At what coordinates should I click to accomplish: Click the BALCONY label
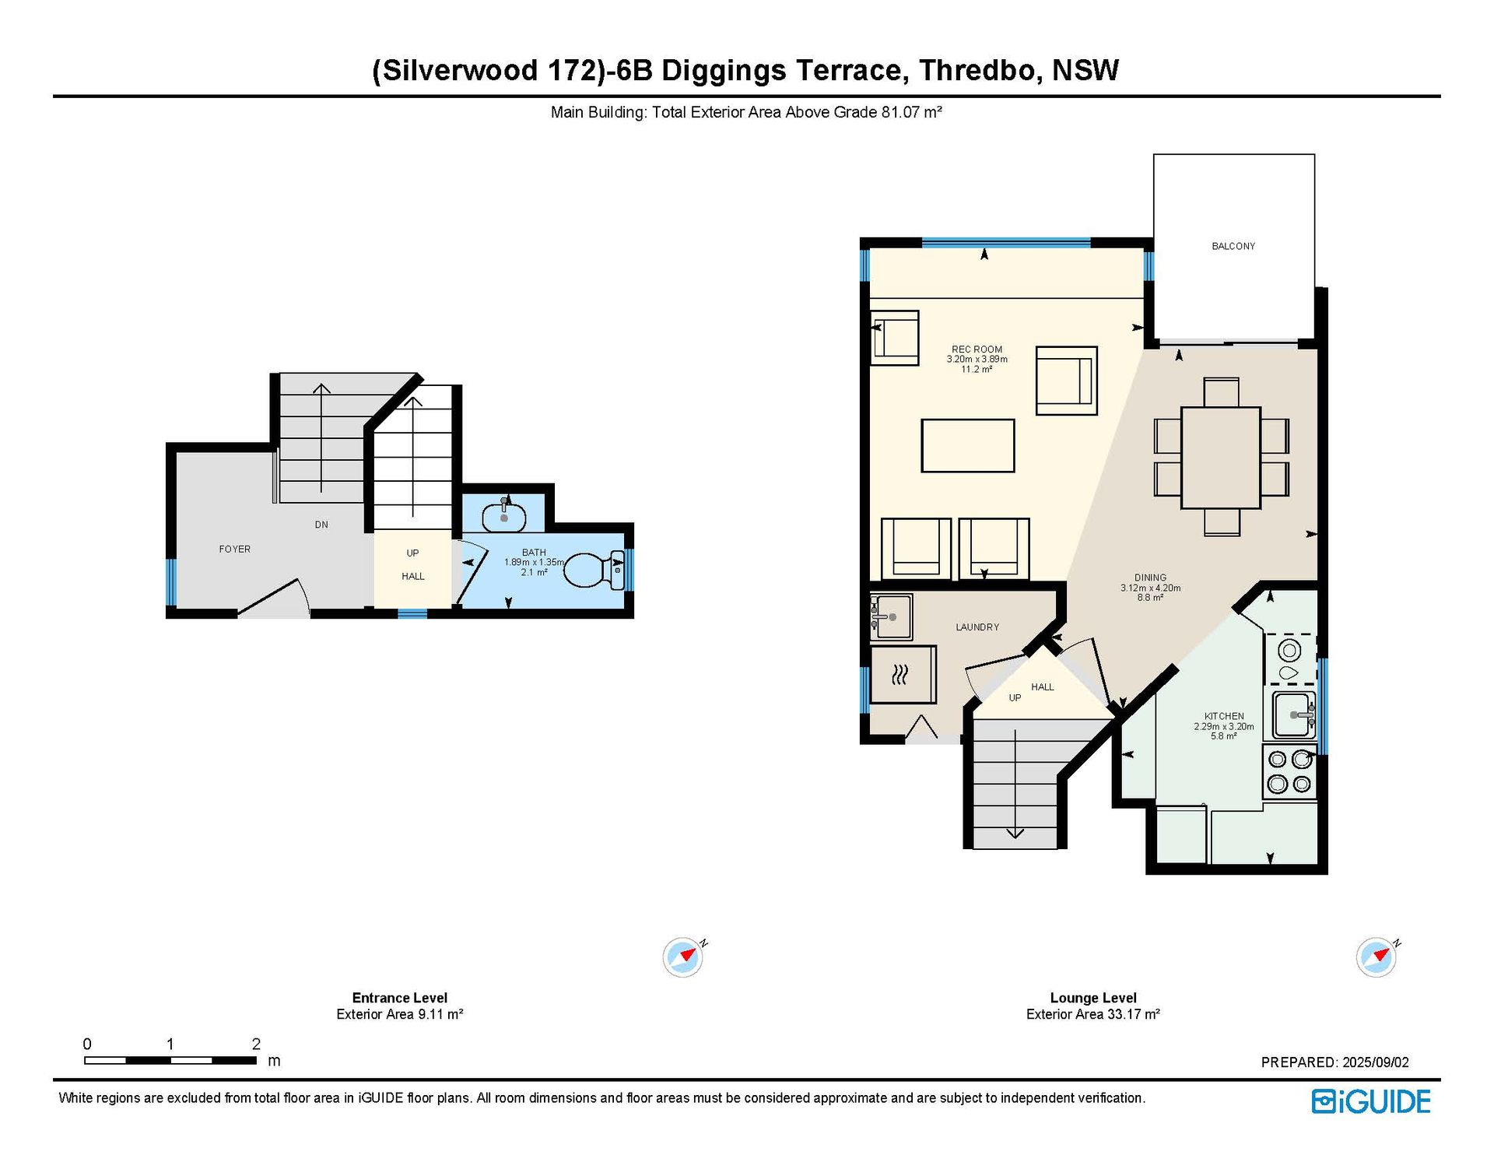(x=1233, y=246)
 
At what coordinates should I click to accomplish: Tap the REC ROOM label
(x=977, y=349)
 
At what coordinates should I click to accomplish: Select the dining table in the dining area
(x=1220, y=458)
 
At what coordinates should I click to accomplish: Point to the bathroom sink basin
(x=503, y=517)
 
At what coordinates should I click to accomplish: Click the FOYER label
(x=235, y=549)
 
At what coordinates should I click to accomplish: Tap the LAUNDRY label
(x=977, y=627)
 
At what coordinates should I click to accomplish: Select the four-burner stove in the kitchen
(x=1289, y=771)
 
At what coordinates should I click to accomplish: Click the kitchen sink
(x=1294, y=714)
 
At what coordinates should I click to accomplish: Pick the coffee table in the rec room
(x=968, y=446)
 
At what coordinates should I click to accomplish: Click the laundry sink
(x=891, y=616)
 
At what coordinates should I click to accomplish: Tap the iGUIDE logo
(x=1371, y=1101)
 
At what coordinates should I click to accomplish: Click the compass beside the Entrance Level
(x=683, y=957)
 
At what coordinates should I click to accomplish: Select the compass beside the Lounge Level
(x=1377, y=957)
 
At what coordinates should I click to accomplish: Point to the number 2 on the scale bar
(x=256, y=1044)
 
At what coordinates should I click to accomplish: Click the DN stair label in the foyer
(x=321, y=525)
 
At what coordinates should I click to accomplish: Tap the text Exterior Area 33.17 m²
(x=1093, y=1014)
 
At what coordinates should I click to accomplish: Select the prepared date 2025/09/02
(x=1376, y=1062)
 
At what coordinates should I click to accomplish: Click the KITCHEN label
(x=1224, y=716)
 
